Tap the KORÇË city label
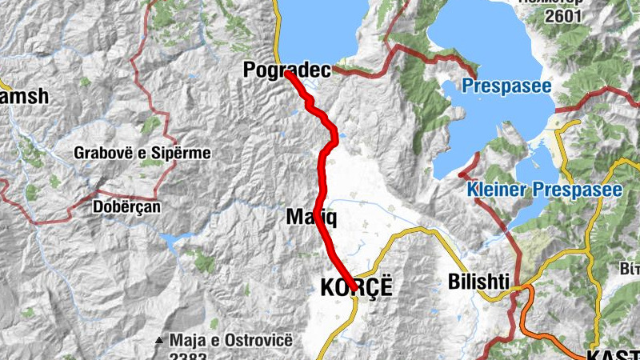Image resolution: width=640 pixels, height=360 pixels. click(x=356, y=287)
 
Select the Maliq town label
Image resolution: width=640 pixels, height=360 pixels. click(x=304, y=216)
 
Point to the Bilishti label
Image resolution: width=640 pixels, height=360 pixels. click(x=477, y=282)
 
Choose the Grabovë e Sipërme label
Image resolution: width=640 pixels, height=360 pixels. click(x=142, y=152)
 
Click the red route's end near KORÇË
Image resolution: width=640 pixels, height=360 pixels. click(x=352, y=288)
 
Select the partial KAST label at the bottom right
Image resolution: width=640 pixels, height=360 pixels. click(x=612, y=354)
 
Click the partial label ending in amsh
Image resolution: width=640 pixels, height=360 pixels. click(x=24, y=96)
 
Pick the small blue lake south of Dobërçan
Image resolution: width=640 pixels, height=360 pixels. click(x=173, y=238)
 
